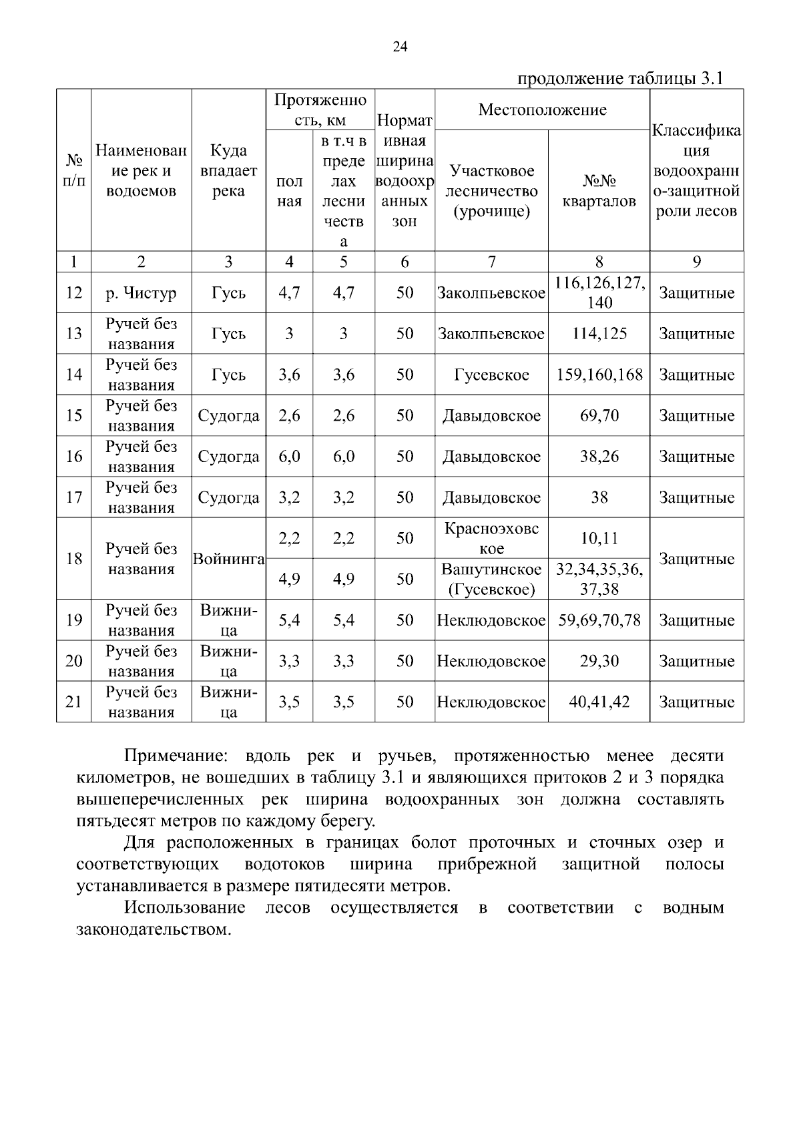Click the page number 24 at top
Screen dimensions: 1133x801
click(x=400, y=46)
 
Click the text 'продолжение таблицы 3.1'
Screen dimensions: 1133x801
click(x=621, y=79)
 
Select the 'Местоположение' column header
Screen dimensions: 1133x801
click(x=542, y=110)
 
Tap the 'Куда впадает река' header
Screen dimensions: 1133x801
click(x=228, y=171)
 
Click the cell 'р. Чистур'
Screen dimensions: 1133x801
click(x=141, y=293)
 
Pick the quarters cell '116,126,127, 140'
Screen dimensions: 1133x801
click(x=599, y=293)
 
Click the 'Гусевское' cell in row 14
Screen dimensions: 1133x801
click(x=491, y=375)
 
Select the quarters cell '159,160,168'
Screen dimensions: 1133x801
click(x=599, y=375)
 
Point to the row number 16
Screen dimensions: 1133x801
click(x=73, y=457)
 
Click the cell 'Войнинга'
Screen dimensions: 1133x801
click(x=228, y=559)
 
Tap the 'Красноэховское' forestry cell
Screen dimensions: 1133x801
click(x=491, y=539)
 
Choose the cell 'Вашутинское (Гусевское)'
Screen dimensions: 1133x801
click(x=491, y=580)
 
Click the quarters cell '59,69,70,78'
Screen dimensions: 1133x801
click(x=599, y=621)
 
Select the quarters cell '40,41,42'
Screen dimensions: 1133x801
click(x=599, y=702)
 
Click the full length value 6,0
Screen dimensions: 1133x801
click(x=289, y=457)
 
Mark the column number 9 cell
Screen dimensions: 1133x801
click(x=696, y=262)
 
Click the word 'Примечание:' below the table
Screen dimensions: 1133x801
click(x=176, y=756)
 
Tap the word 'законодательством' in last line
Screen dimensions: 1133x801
click(x=154, y=929)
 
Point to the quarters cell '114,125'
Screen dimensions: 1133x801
click(x=599, y=334)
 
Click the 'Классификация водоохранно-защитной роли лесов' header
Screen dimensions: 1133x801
click(x=696, y=171)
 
